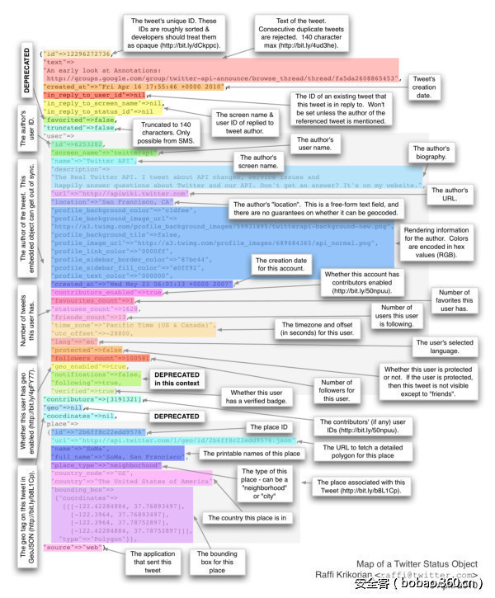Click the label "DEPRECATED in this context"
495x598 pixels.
[x=178, y=380]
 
